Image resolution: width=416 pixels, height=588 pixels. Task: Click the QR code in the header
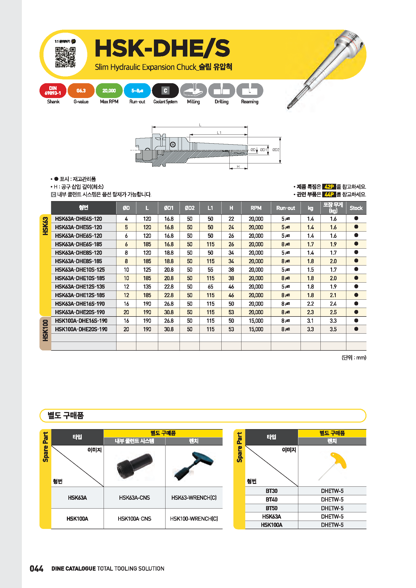(x=65, y=57)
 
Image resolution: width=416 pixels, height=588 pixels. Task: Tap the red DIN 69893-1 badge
(x=53, y=91)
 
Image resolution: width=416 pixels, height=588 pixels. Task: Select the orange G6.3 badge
(x=81, y=91)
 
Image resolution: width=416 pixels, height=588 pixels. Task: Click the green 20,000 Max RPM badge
(x=109, y=91)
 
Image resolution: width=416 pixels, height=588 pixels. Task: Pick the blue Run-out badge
(x=137, y=91)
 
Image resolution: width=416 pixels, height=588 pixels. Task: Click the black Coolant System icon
(x=165, y=91)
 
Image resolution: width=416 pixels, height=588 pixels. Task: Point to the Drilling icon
(x=222, y=91)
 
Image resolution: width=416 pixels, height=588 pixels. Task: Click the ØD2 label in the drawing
(x=276, y=150)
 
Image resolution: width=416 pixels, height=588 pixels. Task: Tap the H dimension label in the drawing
(x=238, y=167)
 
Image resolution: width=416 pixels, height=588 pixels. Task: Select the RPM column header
(x=256, y=208)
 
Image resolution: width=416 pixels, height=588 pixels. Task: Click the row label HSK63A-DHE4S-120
(x=78, y=219)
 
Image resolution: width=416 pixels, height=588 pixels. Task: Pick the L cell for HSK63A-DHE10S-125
(x=147, y=270)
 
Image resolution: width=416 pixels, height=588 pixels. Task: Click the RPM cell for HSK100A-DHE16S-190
(x=256, y=321)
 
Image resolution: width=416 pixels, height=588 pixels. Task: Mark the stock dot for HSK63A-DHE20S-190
(x=356, y=312)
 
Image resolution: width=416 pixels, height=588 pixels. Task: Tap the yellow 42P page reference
(x=329, y=187)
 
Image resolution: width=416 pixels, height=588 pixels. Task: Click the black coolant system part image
(x=134, y=466)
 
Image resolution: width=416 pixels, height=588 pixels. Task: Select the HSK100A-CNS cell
(x=134, y=519)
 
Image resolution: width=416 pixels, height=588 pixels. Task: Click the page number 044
(x=36, y=569)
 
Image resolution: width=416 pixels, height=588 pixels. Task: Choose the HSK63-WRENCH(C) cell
(x=194, y=497)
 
